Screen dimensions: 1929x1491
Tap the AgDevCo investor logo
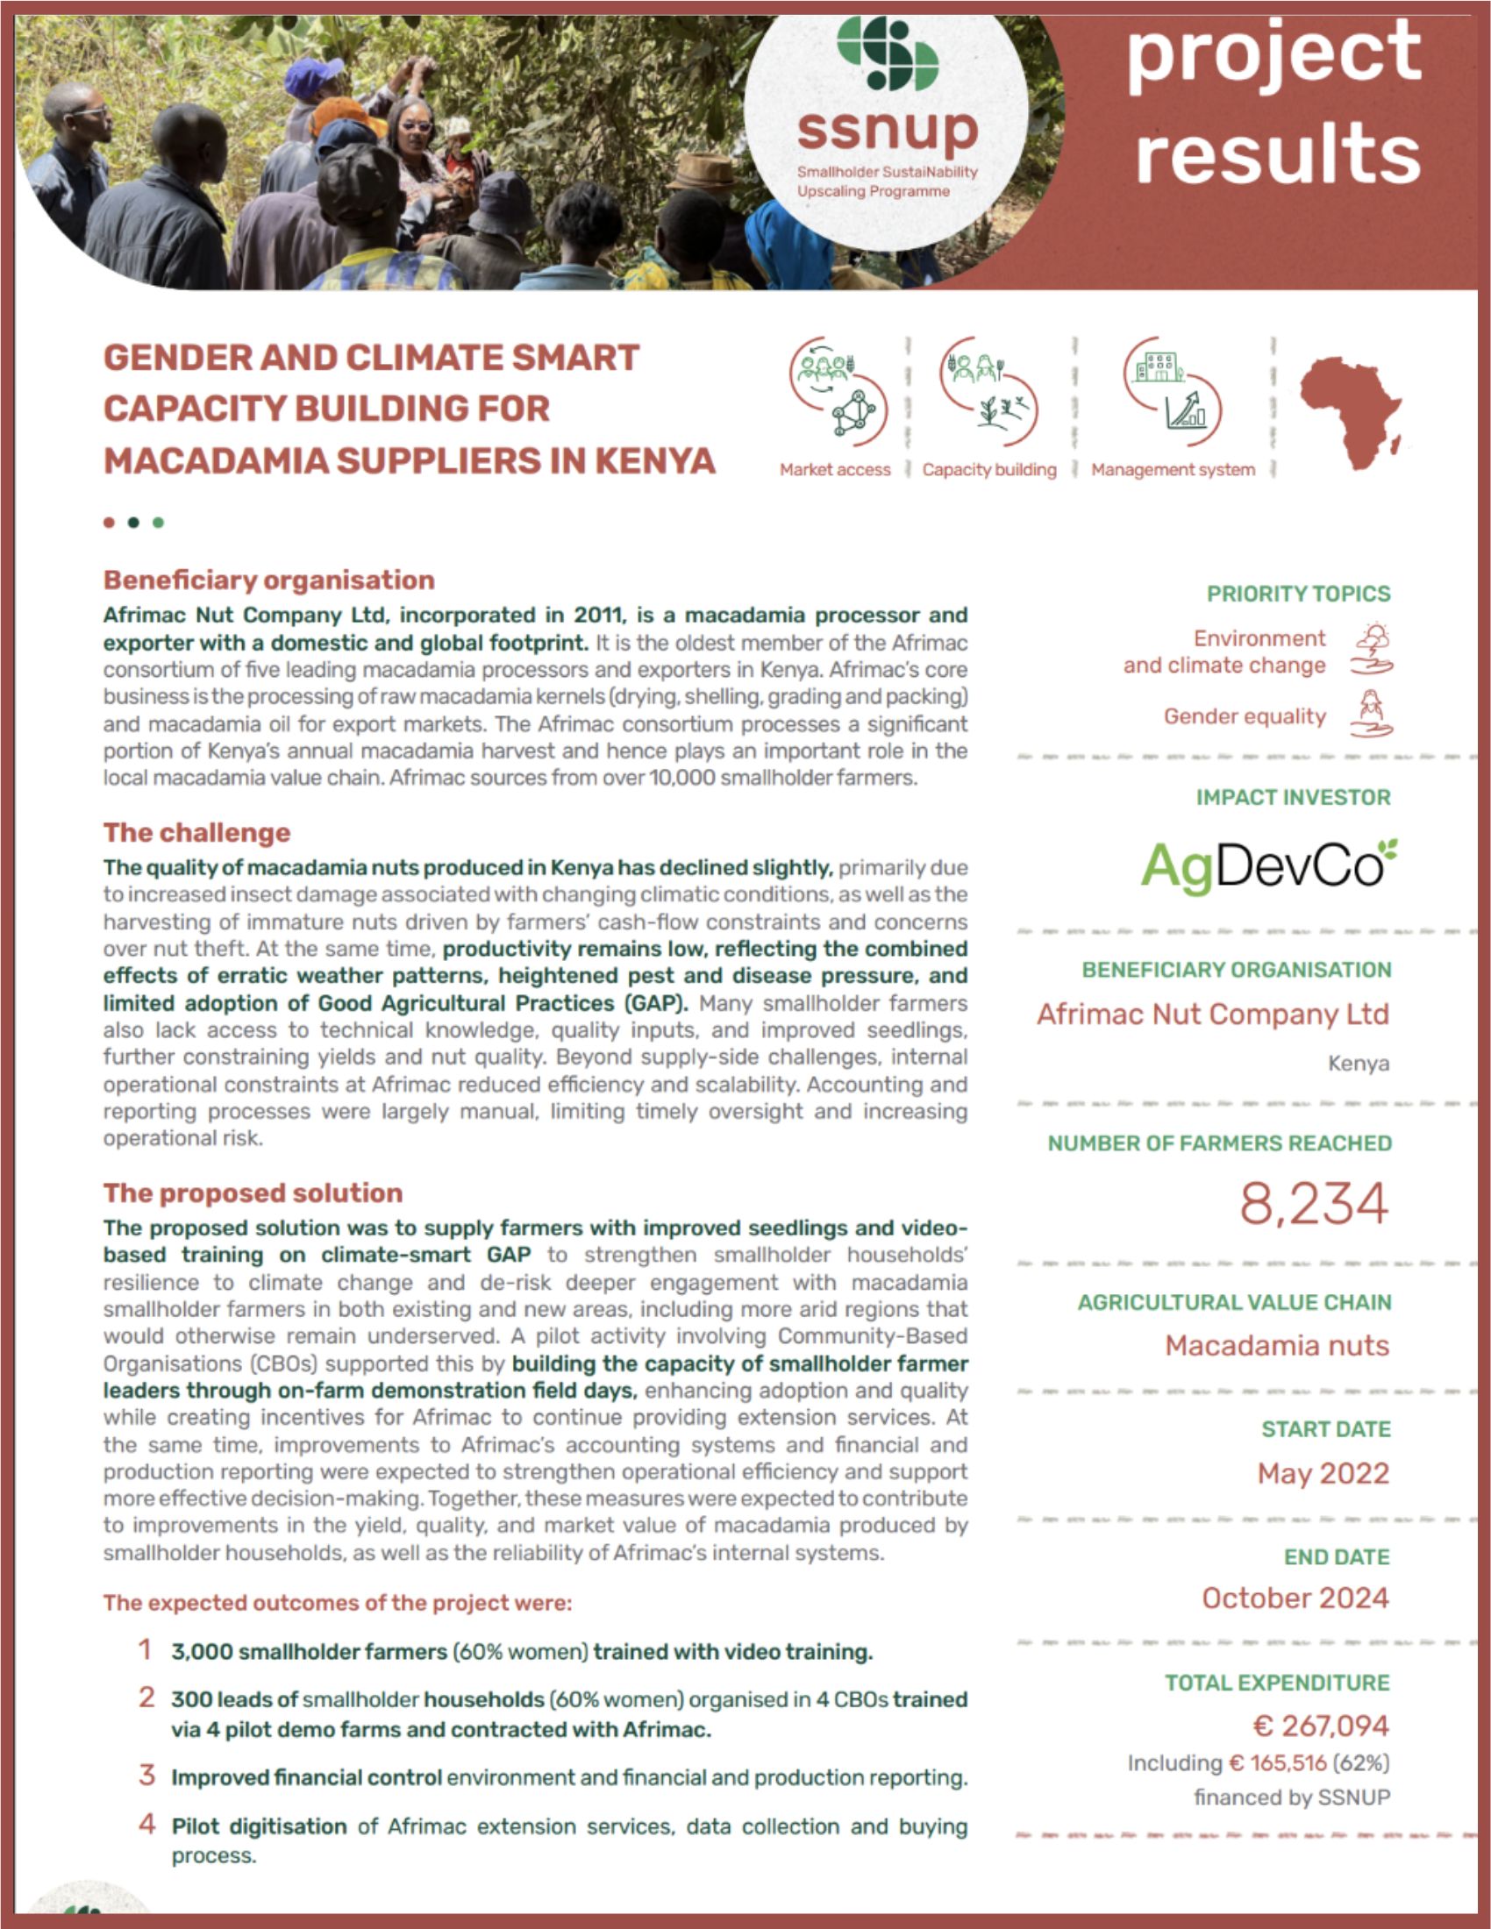(1267, 865)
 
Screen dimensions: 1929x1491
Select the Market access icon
(838, 389)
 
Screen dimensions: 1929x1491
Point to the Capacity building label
(989, 470)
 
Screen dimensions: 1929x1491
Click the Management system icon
(1172, 389)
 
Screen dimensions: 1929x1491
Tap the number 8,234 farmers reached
(1314, 1204)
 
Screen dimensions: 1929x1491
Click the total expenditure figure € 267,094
(1321, 1725)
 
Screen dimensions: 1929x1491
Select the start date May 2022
(1323, 1473)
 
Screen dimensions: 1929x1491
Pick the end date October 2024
(1295, 1598)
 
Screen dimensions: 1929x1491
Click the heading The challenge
(196, 832)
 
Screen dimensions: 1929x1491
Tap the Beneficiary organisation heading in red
(268, 580)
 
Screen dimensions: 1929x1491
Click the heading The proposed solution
(253, 1192)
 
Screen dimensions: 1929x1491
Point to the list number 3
(146, 1775)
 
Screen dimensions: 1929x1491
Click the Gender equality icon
(1371, 715)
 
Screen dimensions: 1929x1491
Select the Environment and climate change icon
(1372, 650)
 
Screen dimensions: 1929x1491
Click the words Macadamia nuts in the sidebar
(1276, 1345)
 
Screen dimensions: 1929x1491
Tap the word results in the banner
(1277, 153)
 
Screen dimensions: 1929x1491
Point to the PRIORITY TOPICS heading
(1297, 594)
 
